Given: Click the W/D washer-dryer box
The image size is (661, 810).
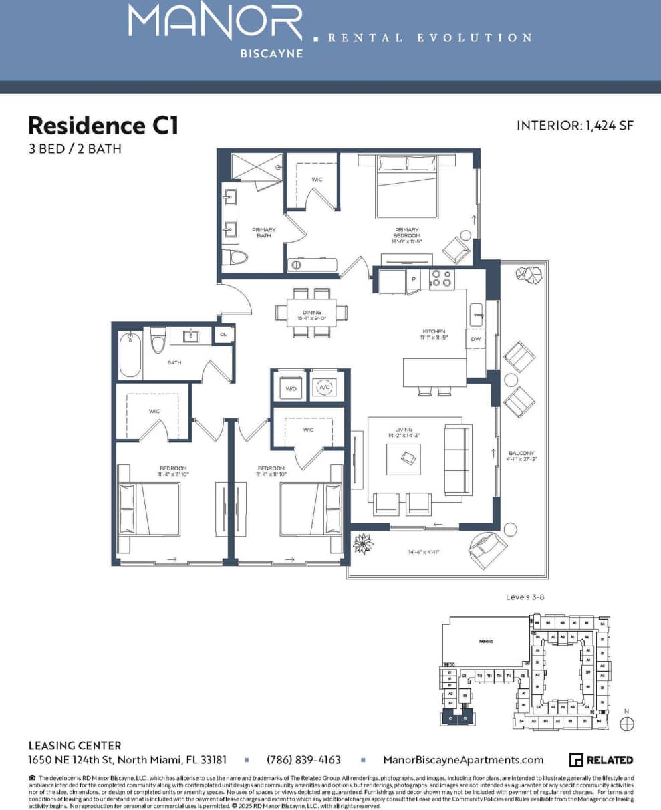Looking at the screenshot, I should click(x=291, y=386).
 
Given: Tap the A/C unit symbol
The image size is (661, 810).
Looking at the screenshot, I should click(x=325, y=386).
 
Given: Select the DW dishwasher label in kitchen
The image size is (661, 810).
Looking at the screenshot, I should click(x=476, y=339).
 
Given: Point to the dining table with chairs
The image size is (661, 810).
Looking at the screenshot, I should click(x=311, y=311).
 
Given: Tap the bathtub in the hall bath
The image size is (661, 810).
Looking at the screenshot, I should click(x=130, y=354).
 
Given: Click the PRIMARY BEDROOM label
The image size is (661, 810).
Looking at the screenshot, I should click(x=406, y=233).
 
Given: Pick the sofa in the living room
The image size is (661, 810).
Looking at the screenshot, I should click(x=457, y=460).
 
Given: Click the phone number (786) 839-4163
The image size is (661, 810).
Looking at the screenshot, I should click(x=303, y=760).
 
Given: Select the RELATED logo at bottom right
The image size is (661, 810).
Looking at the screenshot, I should click(x=600, y=760).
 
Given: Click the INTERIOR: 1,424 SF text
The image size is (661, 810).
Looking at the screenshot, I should click(x=574, y=126).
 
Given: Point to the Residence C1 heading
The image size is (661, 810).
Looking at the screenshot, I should click(x=103, y=125).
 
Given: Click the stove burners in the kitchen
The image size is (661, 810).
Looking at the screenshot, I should click(x=441, y=279).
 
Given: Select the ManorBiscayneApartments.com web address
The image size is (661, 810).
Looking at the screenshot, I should click(x=463, y=760).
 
